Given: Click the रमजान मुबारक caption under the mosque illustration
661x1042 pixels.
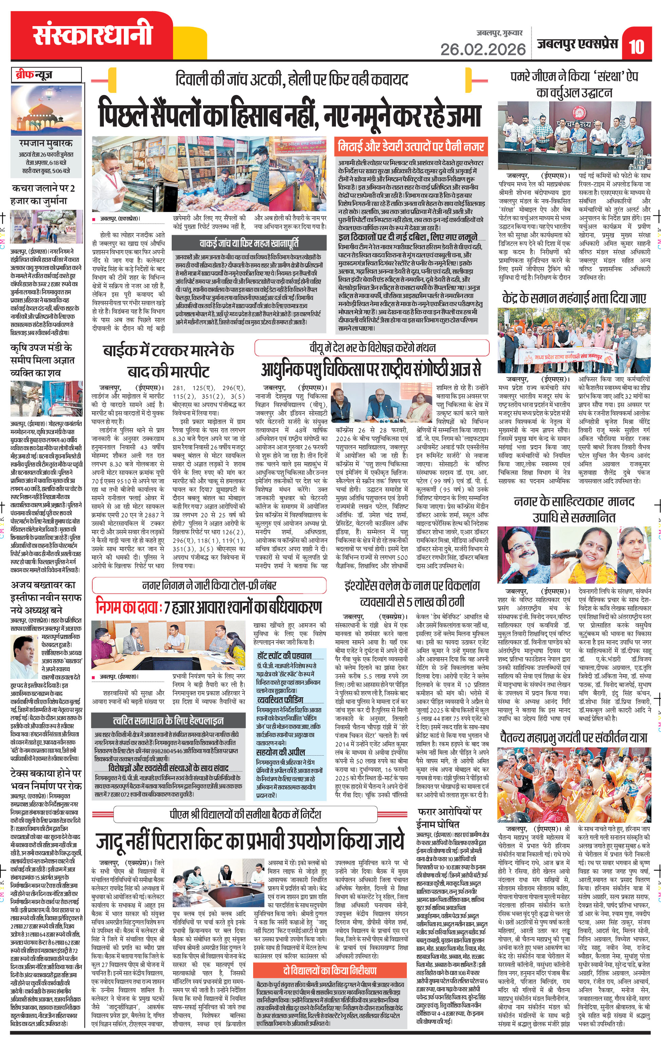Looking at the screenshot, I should (46, 143).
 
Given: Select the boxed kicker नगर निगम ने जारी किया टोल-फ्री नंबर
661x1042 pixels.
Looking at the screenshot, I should (209, 586).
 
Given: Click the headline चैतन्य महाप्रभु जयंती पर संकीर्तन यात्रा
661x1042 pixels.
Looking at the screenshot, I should (573, 737).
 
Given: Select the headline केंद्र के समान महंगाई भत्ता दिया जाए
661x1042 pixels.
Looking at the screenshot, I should (574, 299).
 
